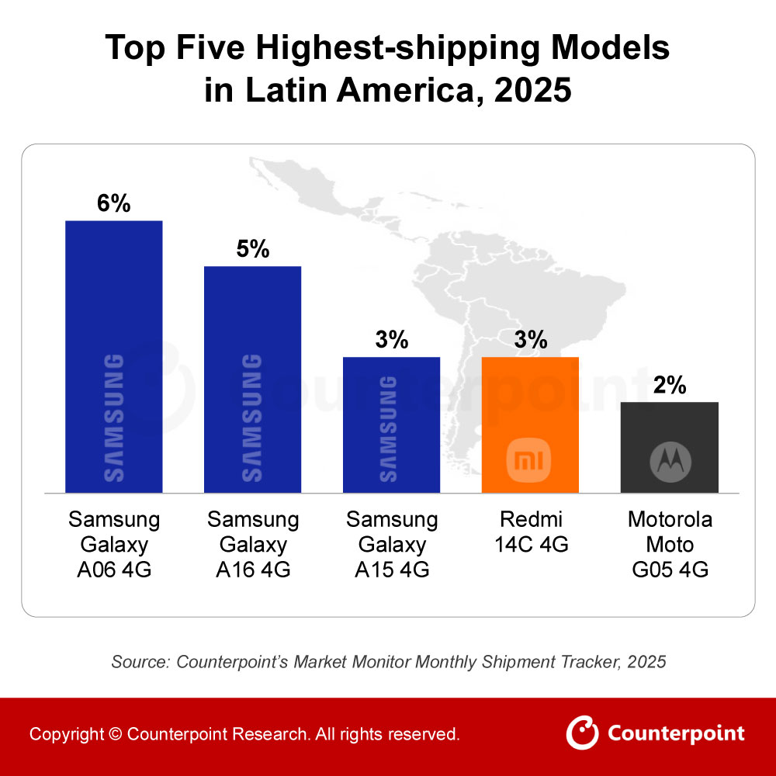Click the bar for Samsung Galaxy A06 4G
(113, 357)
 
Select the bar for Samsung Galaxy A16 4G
(252, 379)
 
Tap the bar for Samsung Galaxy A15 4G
(391, 424)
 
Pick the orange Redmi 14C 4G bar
(530, 424)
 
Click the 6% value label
(113, 203)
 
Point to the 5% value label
(252, 249)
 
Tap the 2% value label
(669, 385)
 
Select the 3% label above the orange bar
(530, 340)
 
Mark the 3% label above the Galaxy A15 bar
(391, 340)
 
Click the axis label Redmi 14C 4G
(530, 532)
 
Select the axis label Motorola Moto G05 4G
(669, 545)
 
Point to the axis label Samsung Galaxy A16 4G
(252, 545)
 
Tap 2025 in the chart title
(533, 91)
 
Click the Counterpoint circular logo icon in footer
(582, 733)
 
